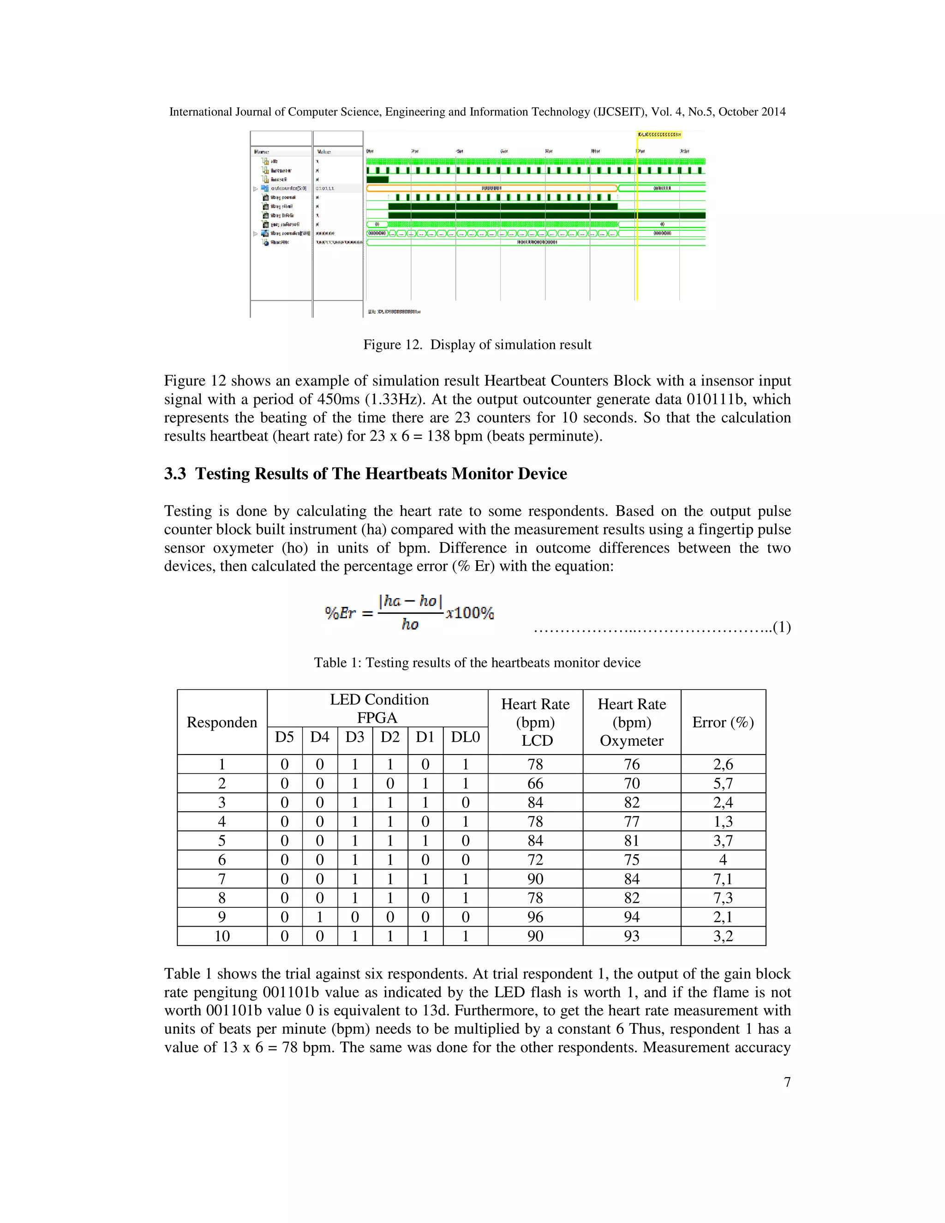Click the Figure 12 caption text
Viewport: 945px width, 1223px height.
[x=477, y=344]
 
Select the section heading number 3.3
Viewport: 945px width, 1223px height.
[x=175, y=474]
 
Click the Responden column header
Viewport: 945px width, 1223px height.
[x=221, y=722]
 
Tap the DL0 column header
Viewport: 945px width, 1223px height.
[x=465, y=737]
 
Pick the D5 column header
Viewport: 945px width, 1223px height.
[x=284, y=737]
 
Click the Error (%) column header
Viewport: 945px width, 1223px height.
[x=723, y=722]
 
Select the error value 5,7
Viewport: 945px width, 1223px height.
[x=723, y=784]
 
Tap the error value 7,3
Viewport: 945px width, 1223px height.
[x=723, y=898]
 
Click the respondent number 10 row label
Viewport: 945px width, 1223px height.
[x=221, y=936]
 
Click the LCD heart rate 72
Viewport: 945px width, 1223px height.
[x=535, y=860]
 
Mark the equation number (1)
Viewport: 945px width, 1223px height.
[x=782, y=627]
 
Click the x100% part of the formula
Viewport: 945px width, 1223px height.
[x=470, y=613]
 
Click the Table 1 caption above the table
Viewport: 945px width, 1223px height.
[x=477, y=662]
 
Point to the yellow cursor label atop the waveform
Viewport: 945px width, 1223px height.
[x=659, y=135]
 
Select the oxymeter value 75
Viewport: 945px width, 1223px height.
[x=632, y=860]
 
